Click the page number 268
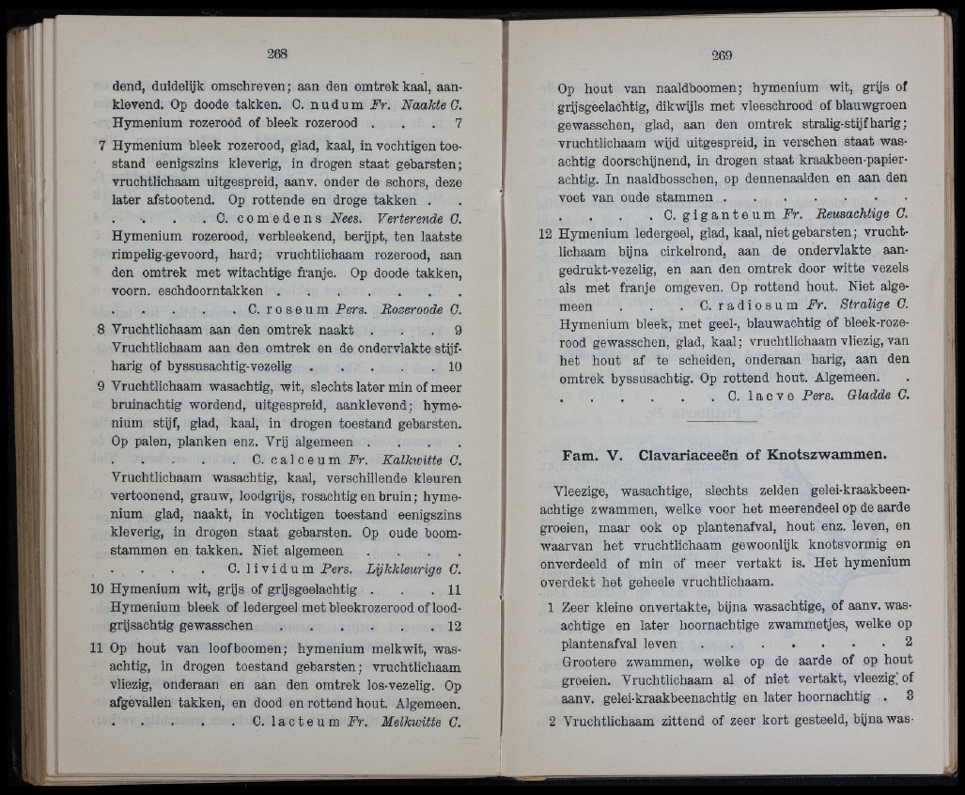click(275, 53)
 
